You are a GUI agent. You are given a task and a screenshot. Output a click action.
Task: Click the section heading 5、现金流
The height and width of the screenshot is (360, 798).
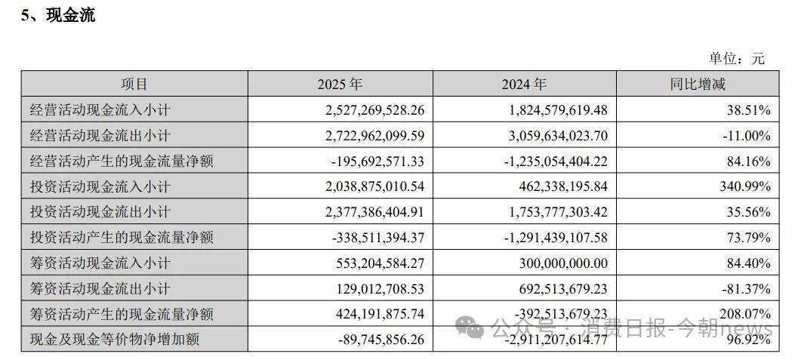click(58, 15)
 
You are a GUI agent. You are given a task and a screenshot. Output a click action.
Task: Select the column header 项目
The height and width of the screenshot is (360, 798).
click(134, 85)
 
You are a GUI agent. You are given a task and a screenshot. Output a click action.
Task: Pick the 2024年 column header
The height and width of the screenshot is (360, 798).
click(524, 85)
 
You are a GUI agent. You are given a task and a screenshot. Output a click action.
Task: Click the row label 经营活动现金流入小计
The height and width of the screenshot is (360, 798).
click(99, 110)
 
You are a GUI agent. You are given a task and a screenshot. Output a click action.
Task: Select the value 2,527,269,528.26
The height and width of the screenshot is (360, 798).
click(375, 110)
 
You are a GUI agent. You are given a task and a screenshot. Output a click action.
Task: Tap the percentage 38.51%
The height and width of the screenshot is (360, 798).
click(749, 110)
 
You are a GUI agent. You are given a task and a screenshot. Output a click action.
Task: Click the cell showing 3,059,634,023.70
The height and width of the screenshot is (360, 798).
click(556, 136)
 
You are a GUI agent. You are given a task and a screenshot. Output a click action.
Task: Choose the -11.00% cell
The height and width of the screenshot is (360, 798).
click(746, 136)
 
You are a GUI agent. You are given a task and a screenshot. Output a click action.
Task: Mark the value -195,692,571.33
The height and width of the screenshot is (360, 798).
click(378, 162)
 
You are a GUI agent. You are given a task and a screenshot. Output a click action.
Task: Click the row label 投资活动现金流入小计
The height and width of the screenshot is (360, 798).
click(99, 186)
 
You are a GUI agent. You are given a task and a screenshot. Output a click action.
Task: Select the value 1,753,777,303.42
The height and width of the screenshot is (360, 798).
click(556, 212)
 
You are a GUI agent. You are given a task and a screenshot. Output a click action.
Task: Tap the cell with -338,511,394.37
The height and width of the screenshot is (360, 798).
click(378, 238)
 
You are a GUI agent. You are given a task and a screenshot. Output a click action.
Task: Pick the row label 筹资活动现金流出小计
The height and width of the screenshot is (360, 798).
click(99, 288)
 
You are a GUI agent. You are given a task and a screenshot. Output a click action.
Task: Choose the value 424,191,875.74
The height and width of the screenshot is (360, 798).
click(382, 314)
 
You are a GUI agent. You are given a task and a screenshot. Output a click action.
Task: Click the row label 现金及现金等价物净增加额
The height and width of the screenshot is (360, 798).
click(113, 340)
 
